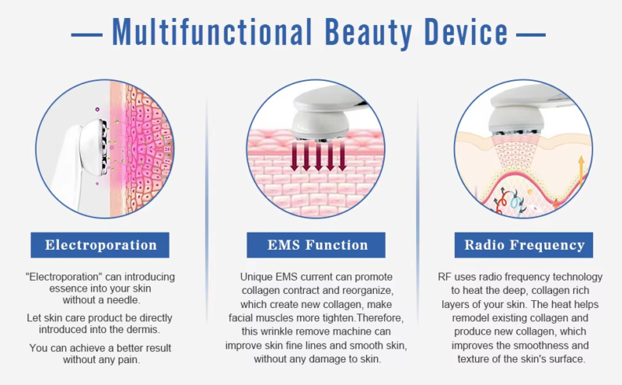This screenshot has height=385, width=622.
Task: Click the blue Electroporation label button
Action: [x=101, y=246]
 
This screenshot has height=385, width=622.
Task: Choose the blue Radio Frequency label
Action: [x=524, y=246]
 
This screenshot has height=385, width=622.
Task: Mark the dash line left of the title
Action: [x=86, y=34]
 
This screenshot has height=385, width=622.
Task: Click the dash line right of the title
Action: [x=530, y=34]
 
